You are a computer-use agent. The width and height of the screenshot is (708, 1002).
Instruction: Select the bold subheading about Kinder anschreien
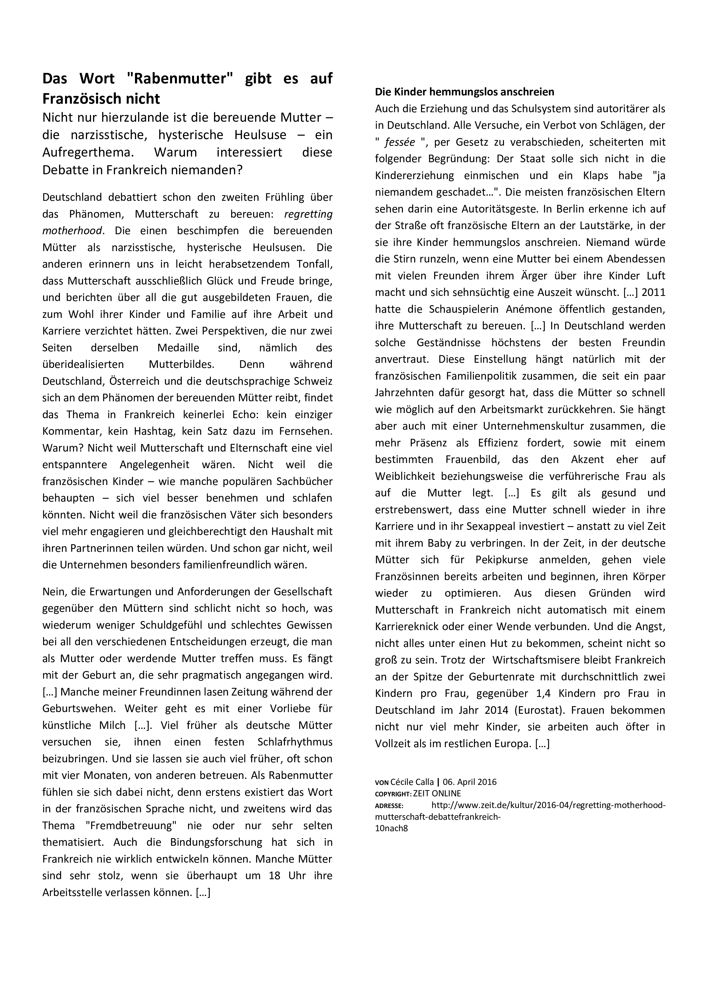pos(464,92)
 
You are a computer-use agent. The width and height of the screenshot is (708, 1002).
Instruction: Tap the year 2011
pos(653,292)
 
